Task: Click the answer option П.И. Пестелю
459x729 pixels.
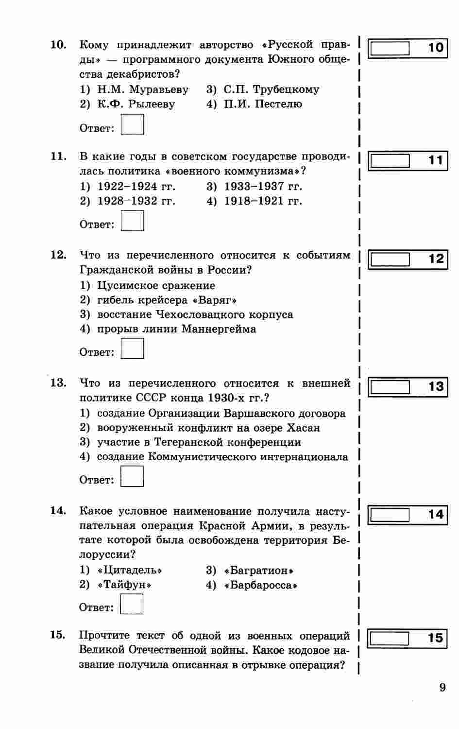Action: (262, 104)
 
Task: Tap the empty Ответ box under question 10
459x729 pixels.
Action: (132, 124)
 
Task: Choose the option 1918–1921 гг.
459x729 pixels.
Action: (262, 201)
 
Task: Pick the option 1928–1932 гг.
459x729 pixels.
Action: (136, 201)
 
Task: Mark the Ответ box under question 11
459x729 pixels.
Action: (132, 221)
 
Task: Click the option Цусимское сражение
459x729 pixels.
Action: (155, 286)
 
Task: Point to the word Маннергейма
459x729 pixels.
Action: (219, 329)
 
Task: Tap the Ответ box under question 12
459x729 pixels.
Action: (132, 348)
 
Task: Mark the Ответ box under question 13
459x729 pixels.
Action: (132, 476)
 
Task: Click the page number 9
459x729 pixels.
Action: (442, 688)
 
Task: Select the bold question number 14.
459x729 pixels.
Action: (58, 510)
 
